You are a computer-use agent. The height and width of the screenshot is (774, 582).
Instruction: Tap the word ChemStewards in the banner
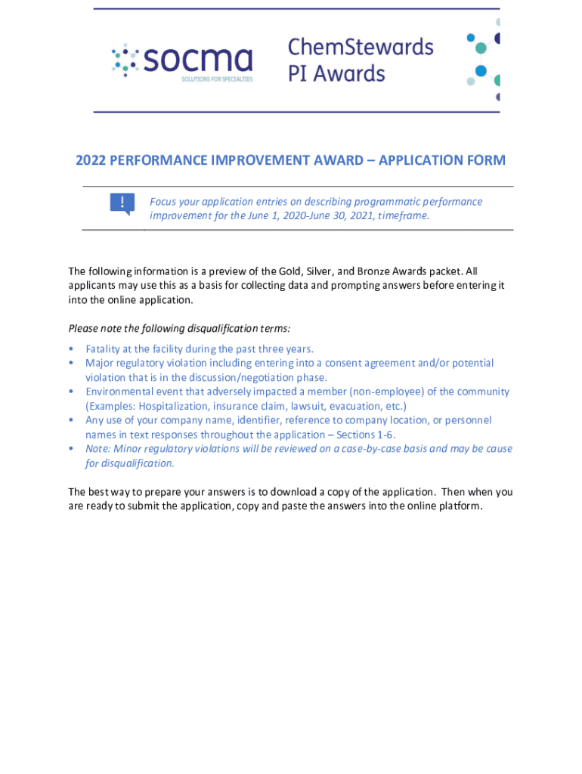[361, 48]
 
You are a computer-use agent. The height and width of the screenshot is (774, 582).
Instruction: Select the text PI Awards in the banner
[336, 73]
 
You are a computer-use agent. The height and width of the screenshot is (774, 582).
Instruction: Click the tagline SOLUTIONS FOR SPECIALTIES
[217, 78]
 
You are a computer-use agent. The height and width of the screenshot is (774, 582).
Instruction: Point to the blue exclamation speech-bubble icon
[122, 203]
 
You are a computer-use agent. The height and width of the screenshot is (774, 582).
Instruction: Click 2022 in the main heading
[90, 160]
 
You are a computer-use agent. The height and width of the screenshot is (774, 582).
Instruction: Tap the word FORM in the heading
[486, 160]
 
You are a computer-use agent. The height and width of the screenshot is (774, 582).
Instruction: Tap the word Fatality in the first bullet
[105, 349]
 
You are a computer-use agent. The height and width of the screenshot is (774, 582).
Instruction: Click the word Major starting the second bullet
[100, 364]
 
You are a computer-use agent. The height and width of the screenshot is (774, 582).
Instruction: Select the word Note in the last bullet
[97, 449]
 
